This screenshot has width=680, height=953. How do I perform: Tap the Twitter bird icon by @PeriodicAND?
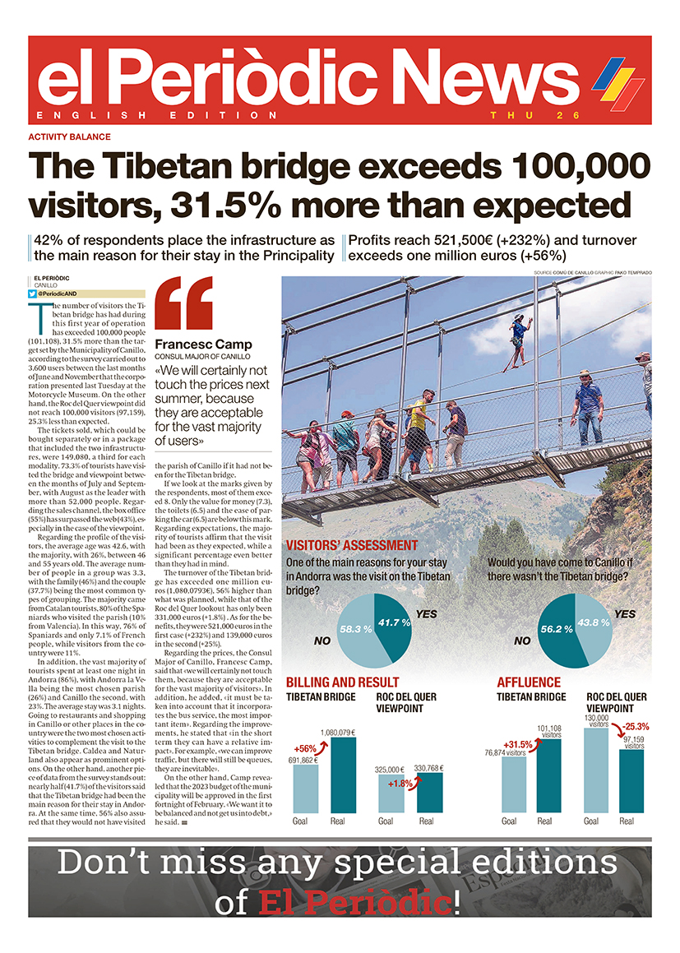click(x=32, y=294)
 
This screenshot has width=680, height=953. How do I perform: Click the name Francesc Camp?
click(x=203, y=344)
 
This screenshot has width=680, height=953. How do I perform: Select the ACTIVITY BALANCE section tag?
click(x=69, y=137)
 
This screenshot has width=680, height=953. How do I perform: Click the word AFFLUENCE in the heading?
click(x=528, y=682)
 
